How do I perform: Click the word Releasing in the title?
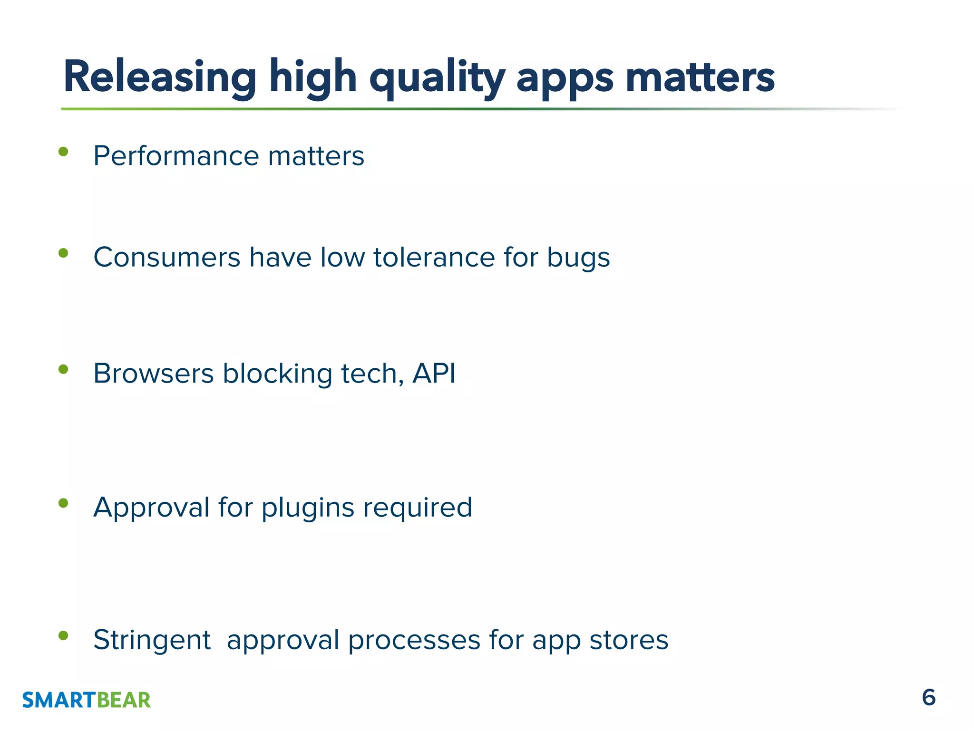(x=160, y=77)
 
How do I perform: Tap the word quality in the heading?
(x=437, y=78)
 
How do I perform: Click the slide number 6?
(x=928, y=698)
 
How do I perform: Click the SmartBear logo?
(x=86, y=700)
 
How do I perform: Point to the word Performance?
(x=176, y=156)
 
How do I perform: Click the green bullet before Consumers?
(x=63, y=253)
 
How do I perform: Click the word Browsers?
(x=153, y=373)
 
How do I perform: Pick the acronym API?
(x=434, y=373)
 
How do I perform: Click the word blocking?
(x=277, y=374)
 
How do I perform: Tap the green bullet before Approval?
(x=63, y=503)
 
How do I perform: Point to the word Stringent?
(x=152, y=641)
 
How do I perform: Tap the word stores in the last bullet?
(x=629, y=640)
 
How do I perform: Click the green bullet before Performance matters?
(x=63, y=152)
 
